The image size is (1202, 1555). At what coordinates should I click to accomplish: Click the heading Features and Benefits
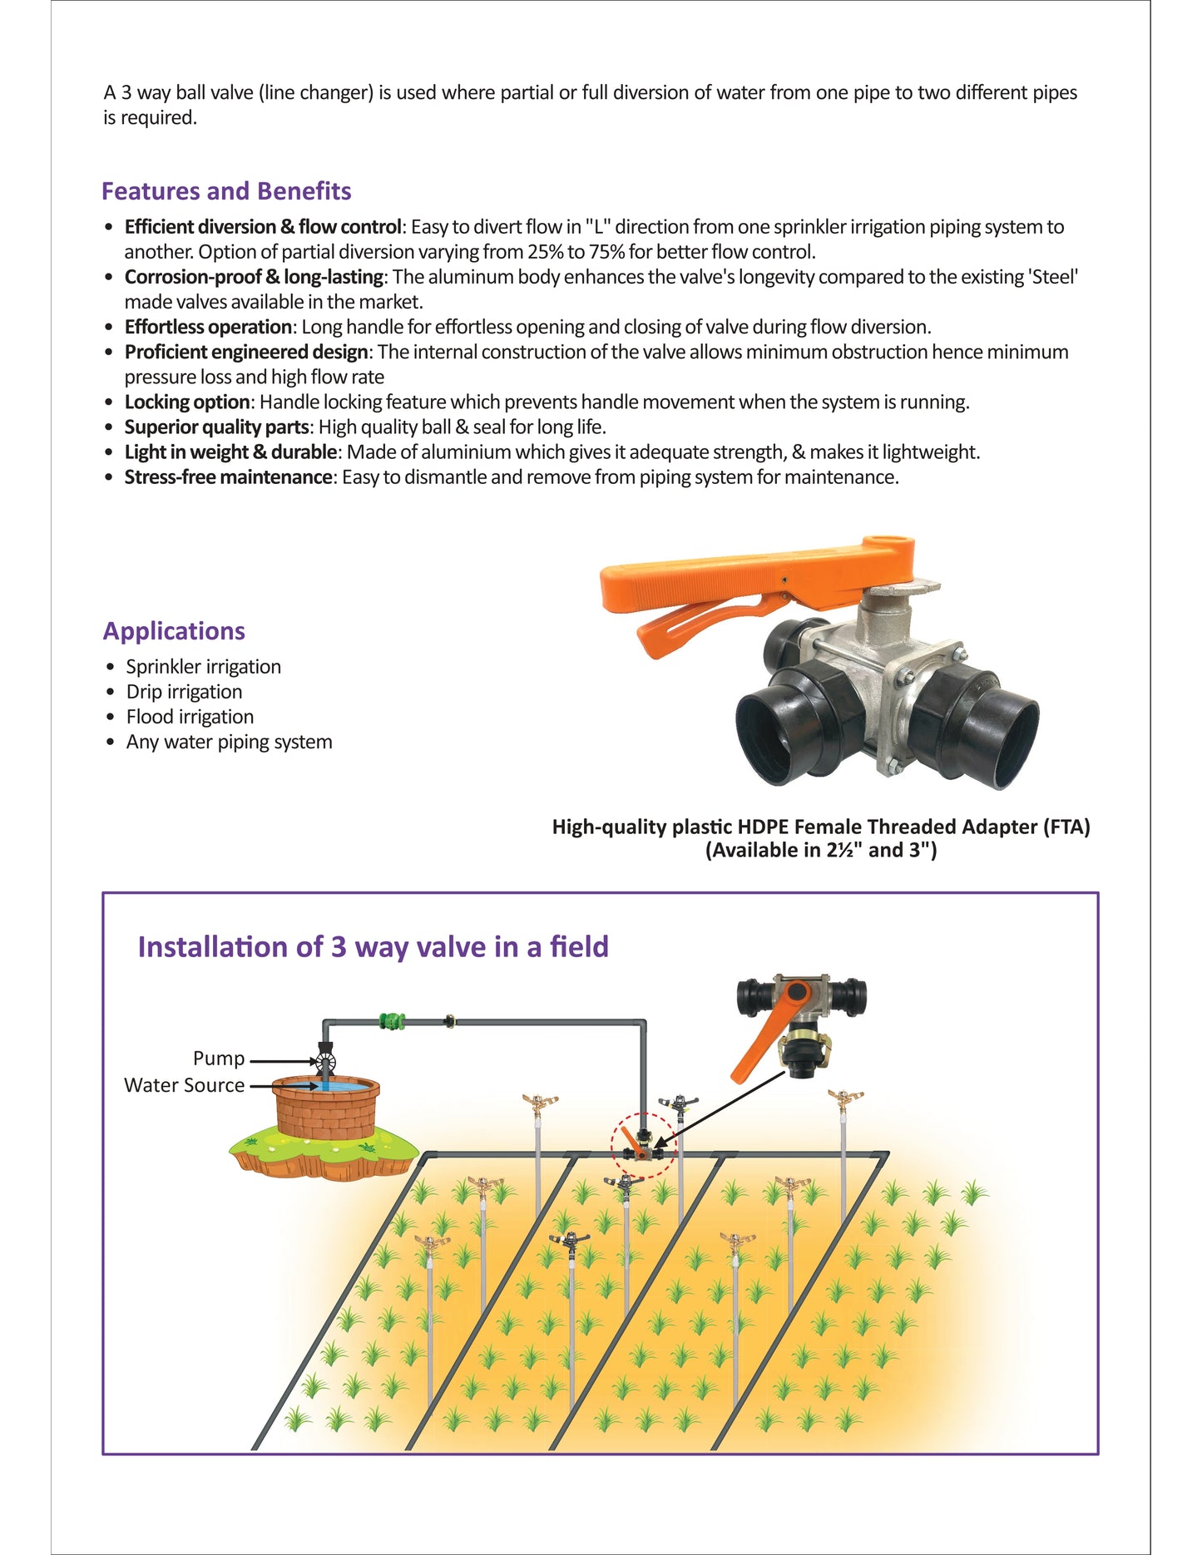[226, 191]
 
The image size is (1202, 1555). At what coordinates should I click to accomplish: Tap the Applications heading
[174, 631]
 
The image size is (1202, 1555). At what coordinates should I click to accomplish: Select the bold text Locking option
[187, 402]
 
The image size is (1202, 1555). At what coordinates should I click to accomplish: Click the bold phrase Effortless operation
[208, 327]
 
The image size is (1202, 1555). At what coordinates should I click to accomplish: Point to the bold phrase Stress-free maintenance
[229, 477]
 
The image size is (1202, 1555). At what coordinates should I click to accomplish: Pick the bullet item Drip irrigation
[185, 692]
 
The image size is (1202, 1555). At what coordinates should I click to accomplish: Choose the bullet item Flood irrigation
[190, 717]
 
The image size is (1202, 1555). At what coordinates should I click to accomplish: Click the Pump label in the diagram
[219, 1059]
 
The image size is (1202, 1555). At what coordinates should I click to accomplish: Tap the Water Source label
[185, 1085]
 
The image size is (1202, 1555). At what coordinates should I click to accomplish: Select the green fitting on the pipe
[392, 1020]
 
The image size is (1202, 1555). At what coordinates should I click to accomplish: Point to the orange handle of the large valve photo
[749, 582]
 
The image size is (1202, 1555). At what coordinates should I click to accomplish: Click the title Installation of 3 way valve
[373, 947]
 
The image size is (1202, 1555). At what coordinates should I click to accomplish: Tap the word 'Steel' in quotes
[1054, 277]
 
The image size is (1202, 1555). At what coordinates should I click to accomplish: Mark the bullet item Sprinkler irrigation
[204, 667]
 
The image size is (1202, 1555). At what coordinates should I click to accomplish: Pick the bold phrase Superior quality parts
[217, 427]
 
